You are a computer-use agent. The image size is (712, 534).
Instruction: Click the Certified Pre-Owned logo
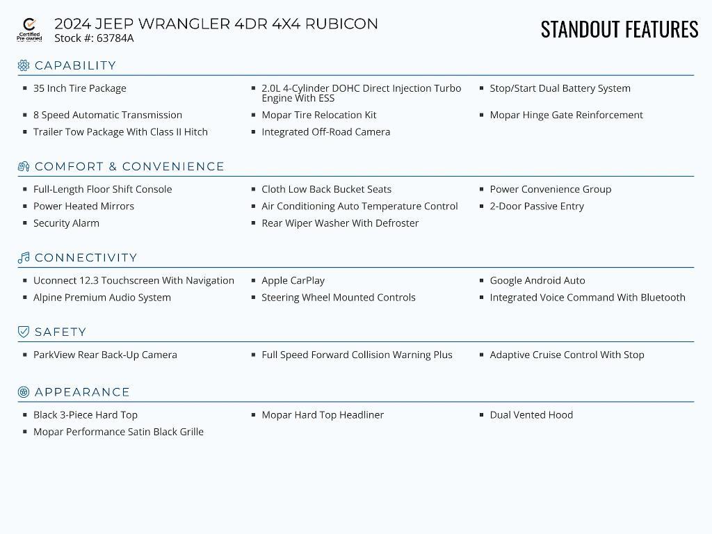point(29,30)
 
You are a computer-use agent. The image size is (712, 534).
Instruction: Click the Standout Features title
point(619,29)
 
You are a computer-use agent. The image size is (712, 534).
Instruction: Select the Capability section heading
point(75,65)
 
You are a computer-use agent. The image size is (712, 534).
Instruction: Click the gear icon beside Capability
point(24,65)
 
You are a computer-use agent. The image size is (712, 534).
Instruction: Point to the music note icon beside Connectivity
point(24,258)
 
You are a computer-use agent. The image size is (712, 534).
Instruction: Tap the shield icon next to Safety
point(24,332)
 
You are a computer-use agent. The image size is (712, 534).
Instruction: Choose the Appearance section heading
point(82,392)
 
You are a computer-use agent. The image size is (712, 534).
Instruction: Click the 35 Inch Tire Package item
point(79,88)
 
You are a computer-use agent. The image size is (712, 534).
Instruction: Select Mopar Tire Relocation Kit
point(318,115)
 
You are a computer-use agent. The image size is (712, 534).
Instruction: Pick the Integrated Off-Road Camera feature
point(325,132)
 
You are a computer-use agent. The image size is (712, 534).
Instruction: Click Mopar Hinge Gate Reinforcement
point(566,115)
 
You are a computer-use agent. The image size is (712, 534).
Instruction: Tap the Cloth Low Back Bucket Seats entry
point(326,189)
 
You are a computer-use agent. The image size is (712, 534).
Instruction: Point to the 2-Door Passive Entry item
point(536,207)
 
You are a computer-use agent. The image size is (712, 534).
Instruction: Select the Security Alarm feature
point(66,223)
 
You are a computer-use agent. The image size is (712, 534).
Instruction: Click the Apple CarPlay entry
point(293,281)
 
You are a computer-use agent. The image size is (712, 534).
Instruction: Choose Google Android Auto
point(537,281)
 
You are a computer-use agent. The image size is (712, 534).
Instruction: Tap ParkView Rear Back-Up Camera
point(105,355)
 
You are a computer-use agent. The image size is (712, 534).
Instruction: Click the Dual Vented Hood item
point(531,415)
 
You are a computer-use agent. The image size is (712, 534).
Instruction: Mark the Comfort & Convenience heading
point(129,167)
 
